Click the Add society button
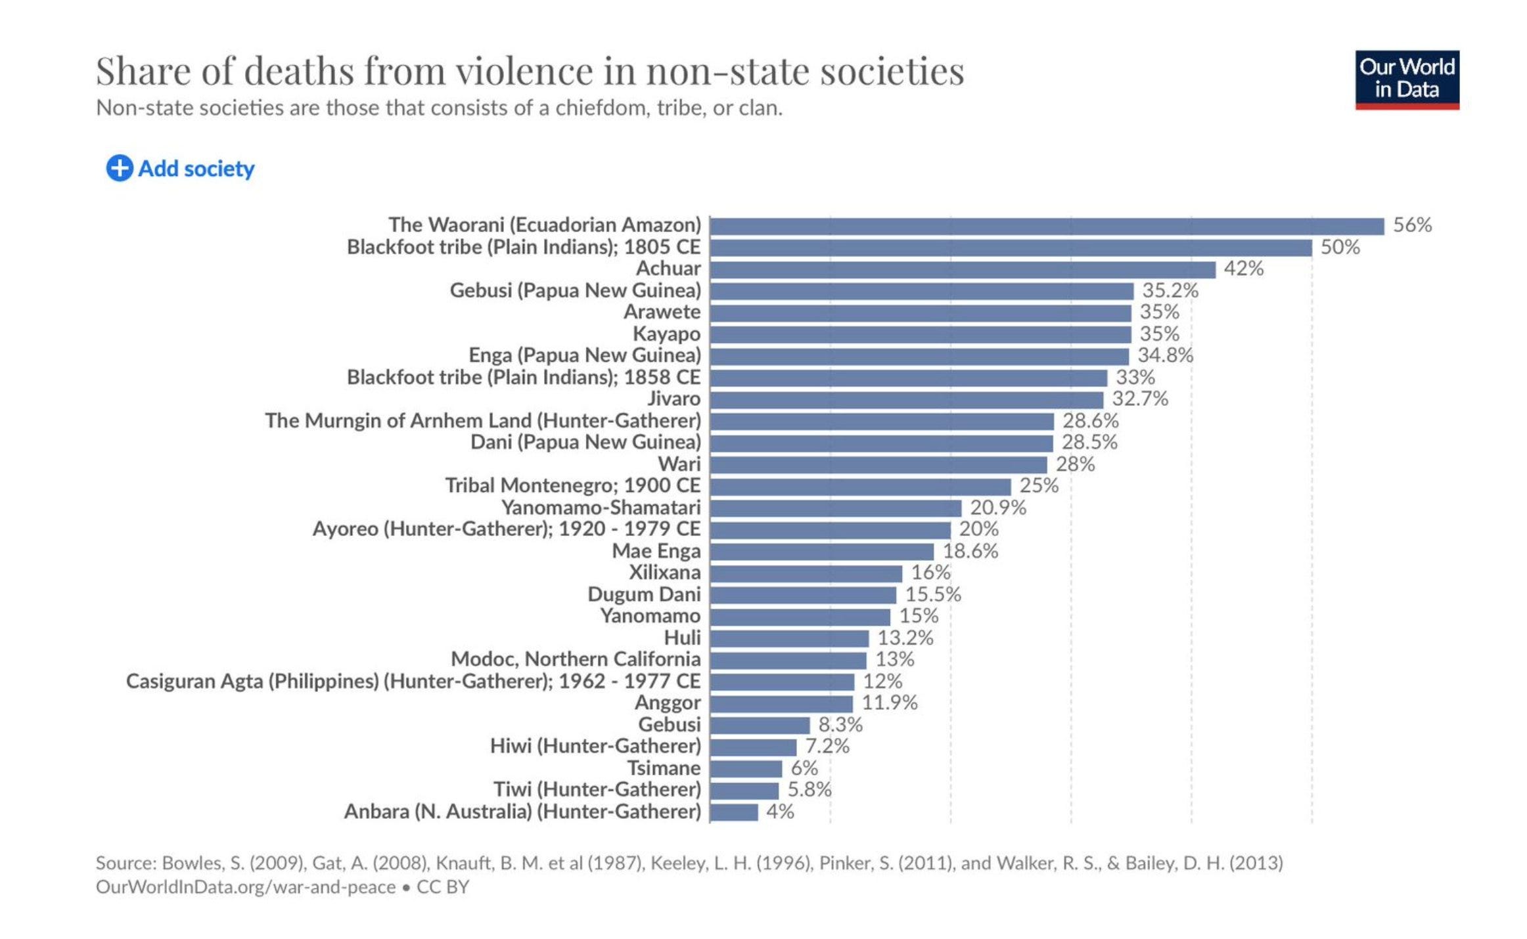pos(181,169)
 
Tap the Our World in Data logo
pos(1406,79)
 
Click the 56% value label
pos(1412,225)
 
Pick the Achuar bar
pos(962,269)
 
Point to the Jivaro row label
pos(673,399)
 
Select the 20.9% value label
pos(997,508)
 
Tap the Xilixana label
pos(664,573)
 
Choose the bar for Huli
pos(788,638)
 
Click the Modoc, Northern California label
pos(576,659)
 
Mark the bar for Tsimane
pos(746,768)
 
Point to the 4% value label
pos(780,812)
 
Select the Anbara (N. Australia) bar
pos(733,812)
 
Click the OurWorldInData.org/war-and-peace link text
pos(246,887)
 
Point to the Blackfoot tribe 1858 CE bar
pos(908,378)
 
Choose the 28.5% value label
pos(1089,443)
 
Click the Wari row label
pos(679,464)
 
